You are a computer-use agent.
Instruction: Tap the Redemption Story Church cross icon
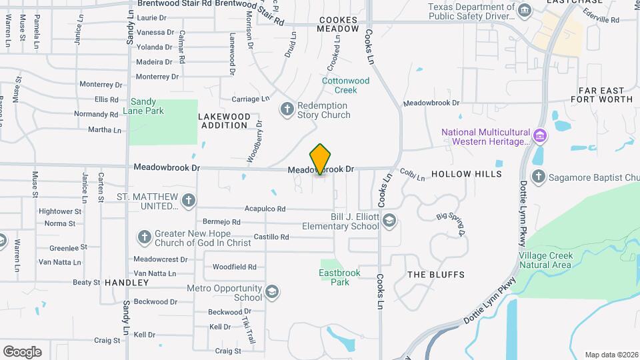(287, 109)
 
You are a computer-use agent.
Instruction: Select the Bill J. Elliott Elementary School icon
(389, 221)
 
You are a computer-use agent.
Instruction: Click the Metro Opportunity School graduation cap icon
(271, 292)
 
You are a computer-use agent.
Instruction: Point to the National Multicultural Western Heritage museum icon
(540, 137)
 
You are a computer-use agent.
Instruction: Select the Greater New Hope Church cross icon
(145, 237)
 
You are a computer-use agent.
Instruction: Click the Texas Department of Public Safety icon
(525, 11)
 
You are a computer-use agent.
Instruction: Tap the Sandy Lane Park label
(147, 106)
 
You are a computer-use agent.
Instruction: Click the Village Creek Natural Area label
(545, 260)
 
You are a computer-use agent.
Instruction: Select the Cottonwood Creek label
(345, 85)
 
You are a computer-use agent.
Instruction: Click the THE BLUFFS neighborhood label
(436, 275)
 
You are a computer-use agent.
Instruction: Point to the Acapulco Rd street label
(265, 209)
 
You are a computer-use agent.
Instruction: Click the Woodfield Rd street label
(235, 267)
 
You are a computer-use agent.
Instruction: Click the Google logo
(22, 351)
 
